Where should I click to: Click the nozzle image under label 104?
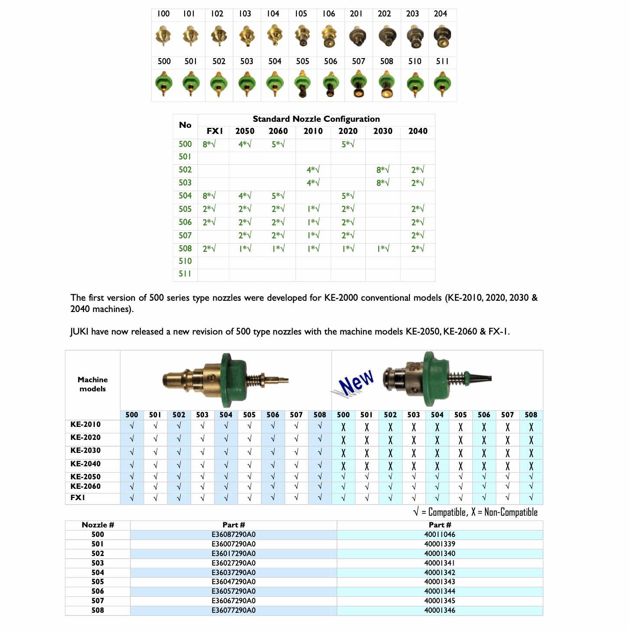274,36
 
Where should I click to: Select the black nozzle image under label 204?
442,37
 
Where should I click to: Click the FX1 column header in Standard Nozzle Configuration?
214,131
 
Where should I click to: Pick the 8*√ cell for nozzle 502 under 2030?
383,170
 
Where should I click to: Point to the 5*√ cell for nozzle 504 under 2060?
278,196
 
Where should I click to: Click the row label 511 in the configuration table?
185,274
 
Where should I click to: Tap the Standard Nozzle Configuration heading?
316,119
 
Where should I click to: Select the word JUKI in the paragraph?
79,332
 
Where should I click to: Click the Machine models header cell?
92,384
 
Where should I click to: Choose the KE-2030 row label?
85,451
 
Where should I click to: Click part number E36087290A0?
234,535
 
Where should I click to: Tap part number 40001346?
440,611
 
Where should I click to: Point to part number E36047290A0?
234,582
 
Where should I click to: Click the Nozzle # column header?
98,525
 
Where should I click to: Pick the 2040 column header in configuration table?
418,131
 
